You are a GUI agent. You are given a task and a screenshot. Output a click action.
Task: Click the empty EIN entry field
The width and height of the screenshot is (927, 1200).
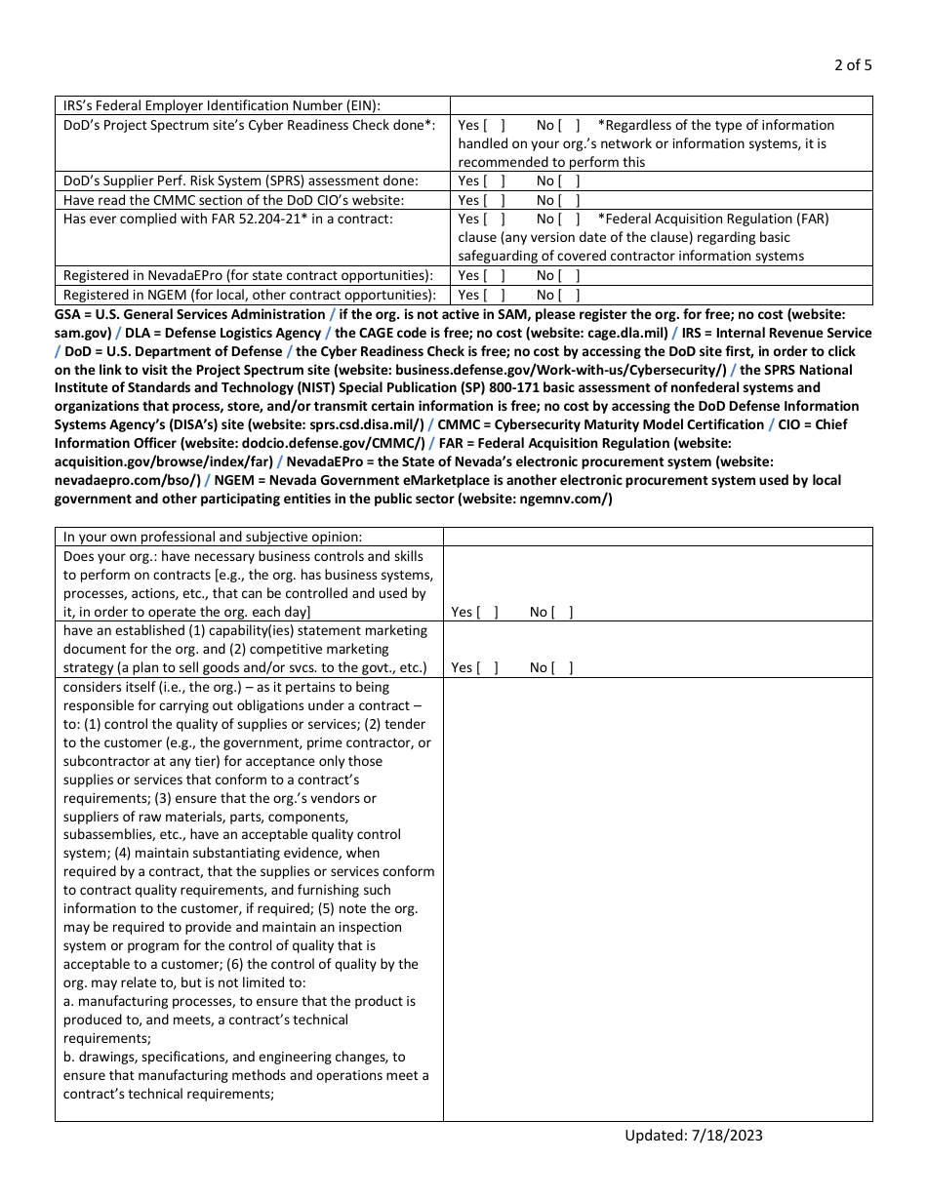click(661, 105)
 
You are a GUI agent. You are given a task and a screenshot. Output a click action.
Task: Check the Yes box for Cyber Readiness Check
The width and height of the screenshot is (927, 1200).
click(495, 125)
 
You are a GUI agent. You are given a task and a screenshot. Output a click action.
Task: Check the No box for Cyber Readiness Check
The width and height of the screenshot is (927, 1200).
click(571, 125)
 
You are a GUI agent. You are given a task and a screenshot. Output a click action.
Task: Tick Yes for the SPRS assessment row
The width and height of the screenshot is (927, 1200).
click(495, 180)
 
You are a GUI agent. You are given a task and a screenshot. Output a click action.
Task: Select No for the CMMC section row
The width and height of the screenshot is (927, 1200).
click(571, 200)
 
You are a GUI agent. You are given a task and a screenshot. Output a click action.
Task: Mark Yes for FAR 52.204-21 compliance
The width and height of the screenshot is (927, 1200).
click(495, 219)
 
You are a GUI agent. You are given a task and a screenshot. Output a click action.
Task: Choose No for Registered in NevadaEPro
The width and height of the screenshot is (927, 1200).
click(571, 276)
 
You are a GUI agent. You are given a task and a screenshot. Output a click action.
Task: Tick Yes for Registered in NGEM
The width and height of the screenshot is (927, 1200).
click(495, 295)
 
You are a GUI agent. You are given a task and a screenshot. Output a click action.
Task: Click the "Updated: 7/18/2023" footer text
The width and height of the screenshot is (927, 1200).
click(694, 1135)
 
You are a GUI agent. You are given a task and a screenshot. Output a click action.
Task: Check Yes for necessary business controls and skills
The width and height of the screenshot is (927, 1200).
click(488, 612)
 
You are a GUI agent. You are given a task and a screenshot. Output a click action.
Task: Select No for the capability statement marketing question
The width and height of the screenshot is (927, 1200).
click(564, 667)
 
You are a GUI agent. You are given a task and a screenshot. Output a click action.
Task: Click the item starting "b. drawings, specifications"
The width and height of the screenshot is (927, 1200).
click(234, 1057)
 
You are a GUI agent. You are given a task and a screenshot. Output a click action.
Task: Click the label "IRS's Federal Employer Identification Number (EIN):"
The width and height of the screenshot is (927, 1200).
click(222, 105)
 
